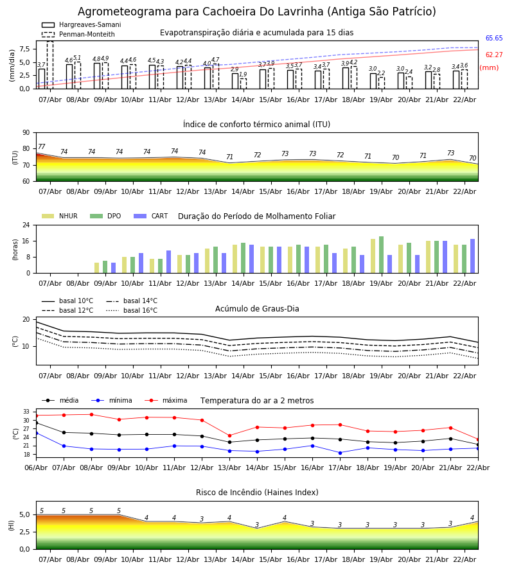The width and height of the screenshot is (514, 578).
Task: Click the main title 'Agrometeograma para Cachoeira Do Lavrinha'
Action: coord(256,12)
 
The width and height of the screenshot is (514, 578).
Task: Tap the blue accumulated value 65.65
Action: coord(493,39)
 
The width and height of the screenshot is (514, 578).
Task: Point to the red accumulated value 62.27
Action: coord(493,55)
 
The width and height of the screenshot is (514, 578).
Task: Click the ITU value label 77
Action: coord(42,147)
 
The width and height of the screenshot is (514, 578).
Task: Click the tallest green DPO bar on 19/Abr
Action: coord(381,254)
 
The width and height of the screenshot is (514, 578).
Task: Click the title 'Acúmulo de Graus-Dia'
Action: coord(257,309)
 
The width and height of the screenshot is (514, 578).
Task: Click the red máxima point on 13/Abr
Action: coord(229,435)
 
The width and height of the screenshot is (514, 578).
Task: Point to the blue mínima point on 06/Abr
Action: coord(36,433)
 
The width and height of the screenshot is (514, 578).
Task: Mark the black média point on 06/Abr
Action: coord(36,423)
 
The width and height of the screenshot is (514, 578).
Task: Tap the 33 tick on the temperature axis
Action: coord(26,412)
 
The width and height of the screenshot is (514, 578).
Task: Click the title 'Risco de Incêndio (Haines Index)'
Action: coord(257,493)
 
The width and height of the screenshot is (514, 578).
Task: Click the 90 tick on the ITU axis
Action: coord(26,133)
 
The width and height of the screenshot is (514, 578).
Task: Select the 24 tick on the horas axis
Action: coord(26,225)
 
